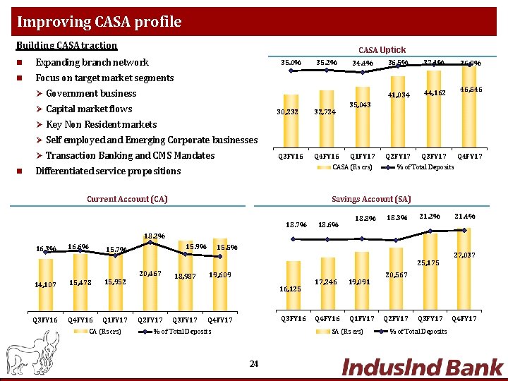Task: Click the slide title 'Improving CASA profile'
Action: click(x=99, y=22)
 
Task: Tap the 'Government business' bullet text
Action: click(x=91, y=93)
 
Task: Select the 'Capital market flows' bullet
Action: click(x=89, y=109)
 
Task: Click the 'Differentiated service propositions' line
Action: click(x=108, y=171)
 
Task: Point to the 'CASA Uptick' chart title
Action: click(x=382, y=50)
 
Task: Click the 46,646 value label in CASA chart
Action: click(x=471, y=90)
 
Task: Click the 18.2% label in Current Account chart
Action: click(x=154, y=236)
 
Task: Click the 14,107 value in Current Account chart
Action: click(x=44, y=284)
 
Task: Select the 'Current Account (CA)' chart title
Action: click(x=127, y=199)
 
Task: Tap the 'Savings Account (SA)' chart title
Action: click(x=381, y=199)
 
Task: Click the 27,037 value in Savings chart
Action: click(x=464, y=254)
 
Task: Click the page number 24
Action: click(x=254, y=363)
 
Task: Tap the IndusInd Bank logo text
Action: click(x=422, y=367)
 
